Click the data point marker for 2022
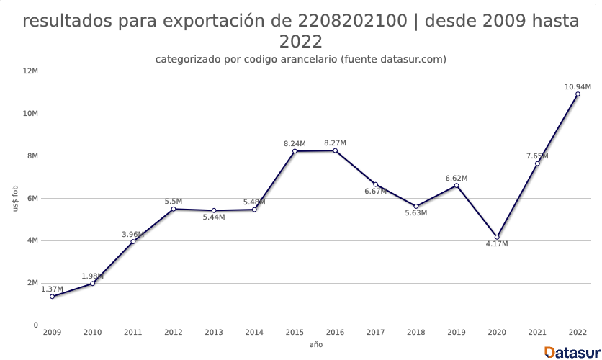coord(578,94)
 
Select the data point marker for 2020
coord(497,237)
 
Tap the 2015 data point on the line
coord(295,151)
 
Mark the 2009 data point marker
coord(52,297)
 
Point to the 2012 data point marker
coord(174,209)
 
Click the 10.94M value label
coord(578,87)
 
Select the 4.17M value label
coord(497,244)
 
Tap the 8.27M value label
coord(335,143)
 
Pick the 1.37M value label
coord(52,289)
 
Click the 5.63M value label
coord(415,213)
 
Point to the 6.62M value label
coord(457,178)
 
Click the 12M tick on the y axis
coord(30,71)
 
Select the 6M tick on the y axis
coord(32,199)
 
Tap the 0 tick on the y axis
coord(35,325)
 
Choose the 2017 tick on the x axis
coord(375,333)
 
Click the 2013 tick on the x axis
coord(214,333)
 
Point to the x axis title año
coord(315,346)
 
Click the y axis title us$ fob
coord(16,198)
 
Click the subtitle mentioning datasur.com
coord(301,59)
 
